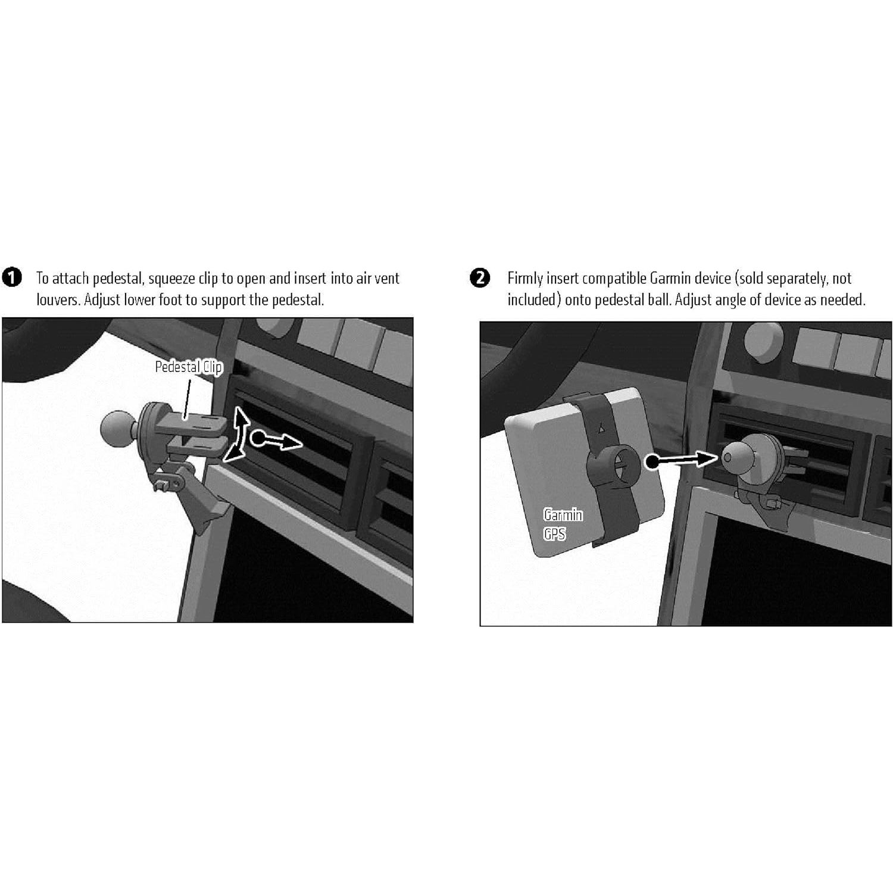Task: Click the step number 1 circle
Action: click(x=12, y=277)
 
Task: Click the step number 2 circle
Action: click(x=480, y=278)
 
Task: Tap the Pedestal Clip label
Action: click(x=188, y=367)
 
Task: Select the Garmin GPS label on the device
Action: click(x=562, y=524)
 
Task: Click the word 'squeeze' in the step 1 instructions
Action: click(x=172, y=279)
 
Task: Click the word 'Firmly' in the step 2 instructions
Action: click(x=524, y=279)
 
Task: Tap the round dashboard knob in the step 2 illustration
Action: click(x=764, y=342)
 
